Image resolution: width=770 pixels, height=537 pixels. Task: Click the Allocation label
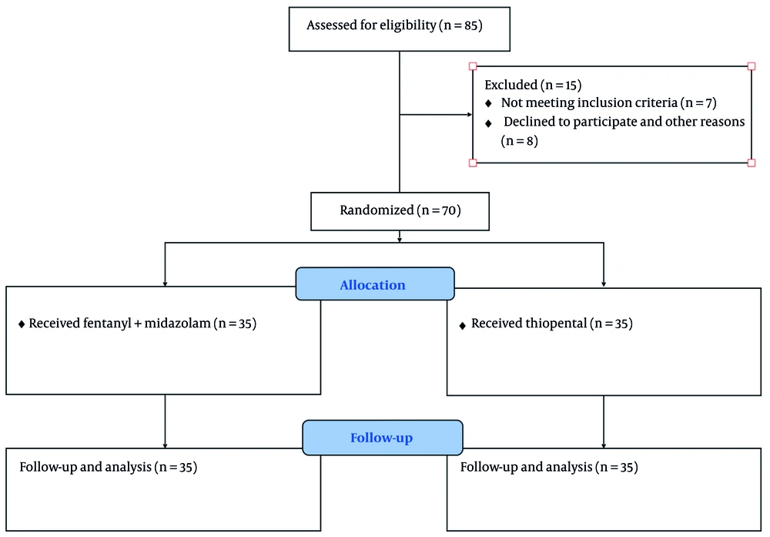tap(373, 285)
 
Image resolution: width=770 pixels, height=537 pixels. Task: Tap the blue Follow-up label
tap(382, 438)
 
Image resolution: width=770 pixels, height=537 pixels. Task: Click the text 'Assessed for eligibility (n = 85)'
tap(395, 25)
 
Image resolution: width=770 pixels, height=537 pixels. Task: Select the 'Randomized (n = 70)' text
tap(400, 210)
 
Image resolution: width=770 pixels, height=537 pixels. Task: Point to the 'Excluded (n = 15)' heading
tap(533, 85)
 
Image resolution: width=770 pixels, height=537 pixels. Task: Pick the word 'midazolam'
tap(177, 324)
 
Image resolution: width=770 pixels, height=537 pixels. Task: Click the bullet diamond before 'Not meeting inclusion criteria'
tap(488, 104)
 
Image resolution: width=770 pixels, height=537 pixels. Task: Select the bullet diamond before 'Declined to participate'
tap(488, 123)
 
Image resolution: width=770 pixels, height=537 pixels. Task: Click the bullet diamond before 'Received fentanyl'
tap(22, 324)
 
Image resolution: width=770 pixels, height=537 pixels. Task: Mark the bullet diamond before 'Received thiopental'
tap(462, 325)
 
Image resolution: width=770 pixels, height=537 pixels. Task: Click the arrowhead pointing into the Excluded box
tap(470, 115)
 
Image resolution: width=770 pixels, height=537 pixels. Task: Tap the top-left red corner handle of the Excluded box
tap(473, 65)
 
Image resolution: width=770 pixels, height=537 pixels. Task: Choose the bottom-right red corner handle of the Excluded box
tap(752, 163)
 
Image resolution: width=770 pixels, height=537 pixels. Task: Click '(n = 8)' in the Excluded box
tap(520, 141)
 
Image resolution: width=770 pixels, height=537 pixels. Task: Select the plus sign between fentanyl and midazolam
tap(138, 324)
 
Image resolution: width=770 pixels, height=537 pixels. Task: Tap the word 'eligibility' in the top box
tap(407, 25)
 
